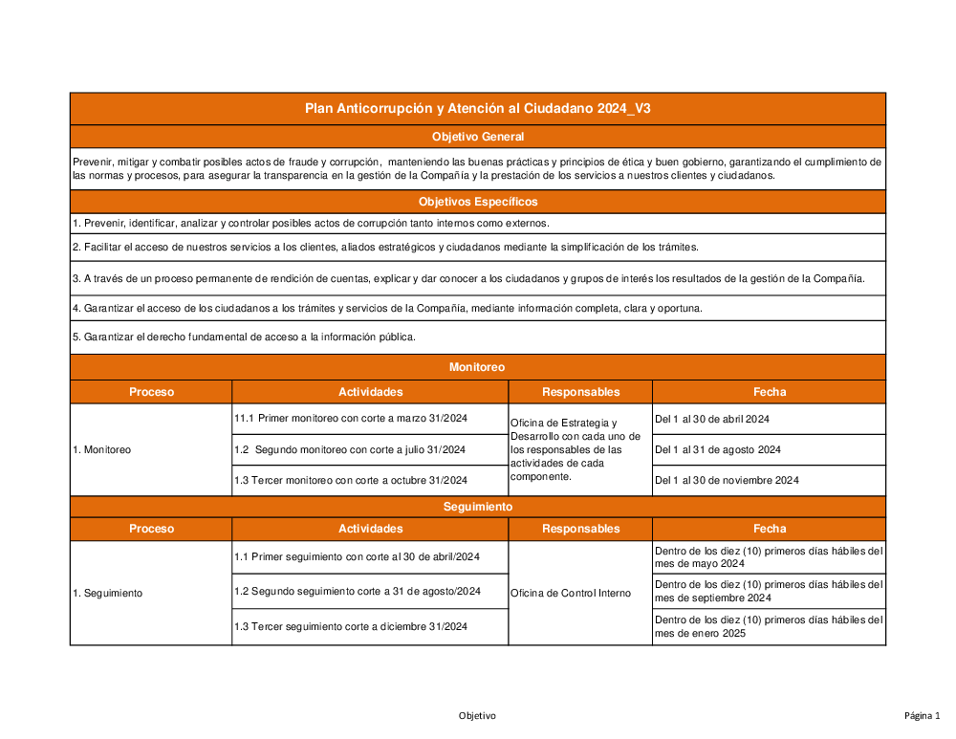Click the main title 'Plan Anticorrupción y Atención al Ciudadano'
click(477, 109)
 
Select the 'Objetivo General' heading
click(477, 138)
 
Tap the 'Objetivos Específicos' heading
click(477, 202)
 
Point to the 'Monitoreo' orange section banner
click(477, 367)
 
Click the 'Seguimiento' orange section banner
click(477, 507)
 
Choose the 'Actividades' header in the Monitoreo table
click(370, 392)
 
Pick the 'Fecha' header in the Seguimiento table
click(769, 529)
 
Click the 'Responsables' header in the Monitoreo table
click(580, 392)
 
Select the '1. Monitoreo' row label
click(102, 449)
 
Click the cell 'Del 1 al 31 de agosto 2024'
click(718, 449)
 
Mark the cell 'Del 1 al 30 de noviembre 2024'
click(727, 480)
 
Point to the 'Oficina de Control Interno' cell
click(571, 594)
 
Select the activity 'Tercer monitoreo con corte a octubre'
click(351, 480)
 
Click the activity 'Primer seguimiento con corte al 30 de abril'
click(357, 557)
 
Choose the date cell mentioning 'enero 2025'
click(769, 626)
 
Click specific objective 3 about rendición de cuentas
click(468, 279)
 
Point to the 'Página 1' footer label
click(923, 716)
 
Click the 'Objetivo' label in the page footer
click(477, 716)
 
